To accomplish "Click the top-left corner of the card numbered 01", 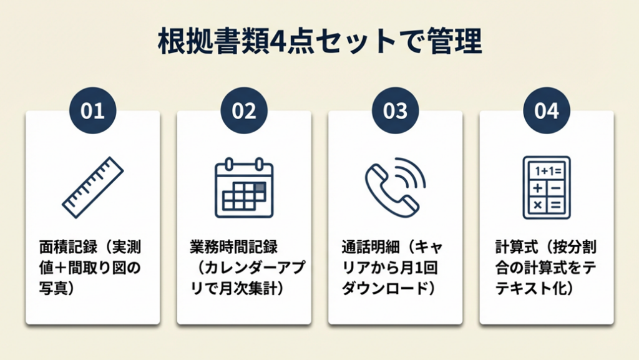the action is (26, 111).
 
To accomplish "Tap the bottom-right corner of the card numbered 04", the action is (614, 324).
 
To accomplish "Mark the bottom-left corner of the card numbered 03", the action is (328, 324).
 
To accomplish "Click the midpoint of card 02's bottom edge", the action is (244, 324).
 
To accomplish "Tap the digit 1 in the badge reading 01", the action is (99, 111).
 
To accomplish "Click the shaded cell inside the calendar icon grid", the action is (260, 188).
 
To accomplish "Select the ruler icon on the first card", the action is (93, 187).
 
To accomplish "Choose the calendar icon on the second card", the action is (244, 188).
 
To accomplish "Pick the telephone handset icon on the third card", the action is (395, 188).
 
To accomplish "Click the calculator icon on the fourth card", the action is (547, 188).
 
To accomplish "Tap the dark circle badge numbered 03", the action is (395, 110).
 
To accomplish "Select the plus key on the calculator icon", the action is (538, 188).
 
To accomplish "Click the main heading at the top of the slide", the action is (320, 42).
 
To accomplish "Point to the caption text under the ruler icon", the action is (90, 268).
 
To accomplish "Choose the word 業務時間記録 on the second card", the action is (234, 247).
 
